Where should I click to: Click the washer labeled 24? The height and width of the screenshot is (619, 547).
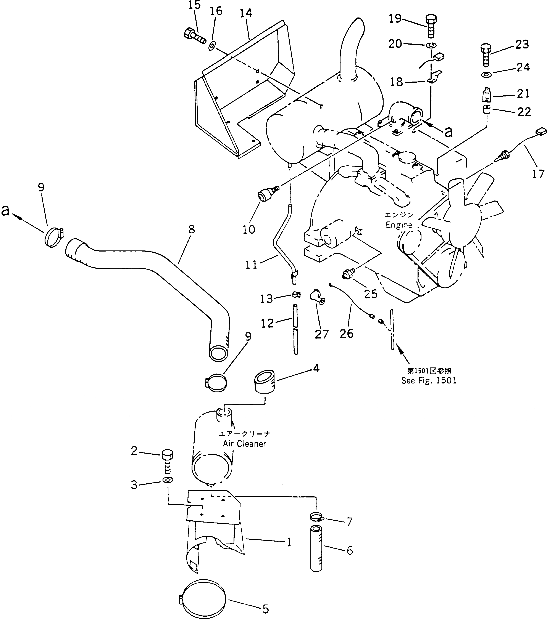[486, 74]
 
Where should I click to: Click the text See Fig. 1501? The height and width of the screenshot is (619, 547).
[429, 380]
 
